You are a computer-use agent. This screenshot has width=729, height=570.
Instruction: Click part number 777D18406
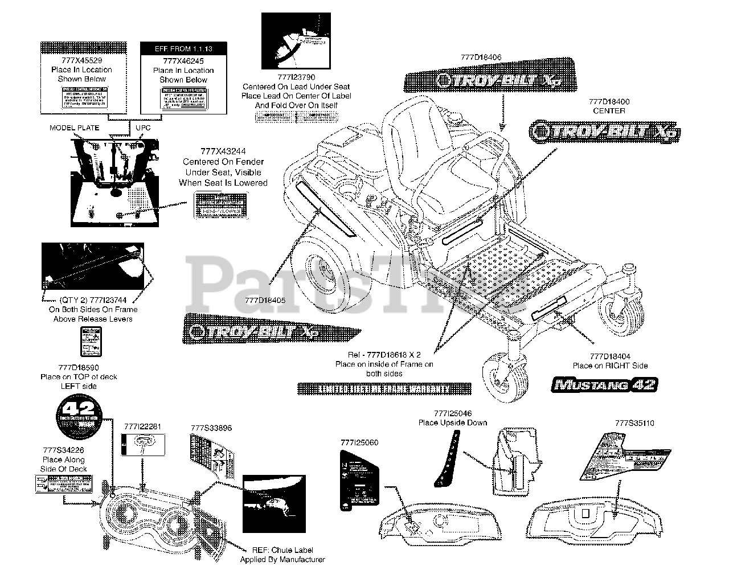[482, 57]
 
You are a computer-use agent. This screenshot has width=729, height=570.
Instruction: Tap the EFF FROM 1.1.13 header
[183, 49]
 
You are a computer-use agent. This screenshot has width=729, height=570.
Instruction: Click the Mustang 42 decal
[605, 384]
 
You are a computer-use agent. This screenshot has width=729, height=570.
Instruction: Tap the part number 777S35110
[634, 423]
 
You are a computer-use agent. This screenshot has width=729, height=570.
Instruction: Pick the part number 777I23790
[296, 77]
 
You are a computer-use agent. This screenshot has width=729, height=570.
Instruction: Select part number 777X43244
[223, 152]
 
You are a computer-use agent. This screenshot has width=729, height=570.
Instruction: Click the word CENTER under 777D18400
[609, 110]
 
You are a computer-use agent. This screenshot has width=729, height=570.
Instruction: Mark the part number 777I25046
[453, 413]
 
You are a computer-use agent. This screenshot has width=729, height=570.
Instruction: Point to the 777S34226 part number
[63, 450]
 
